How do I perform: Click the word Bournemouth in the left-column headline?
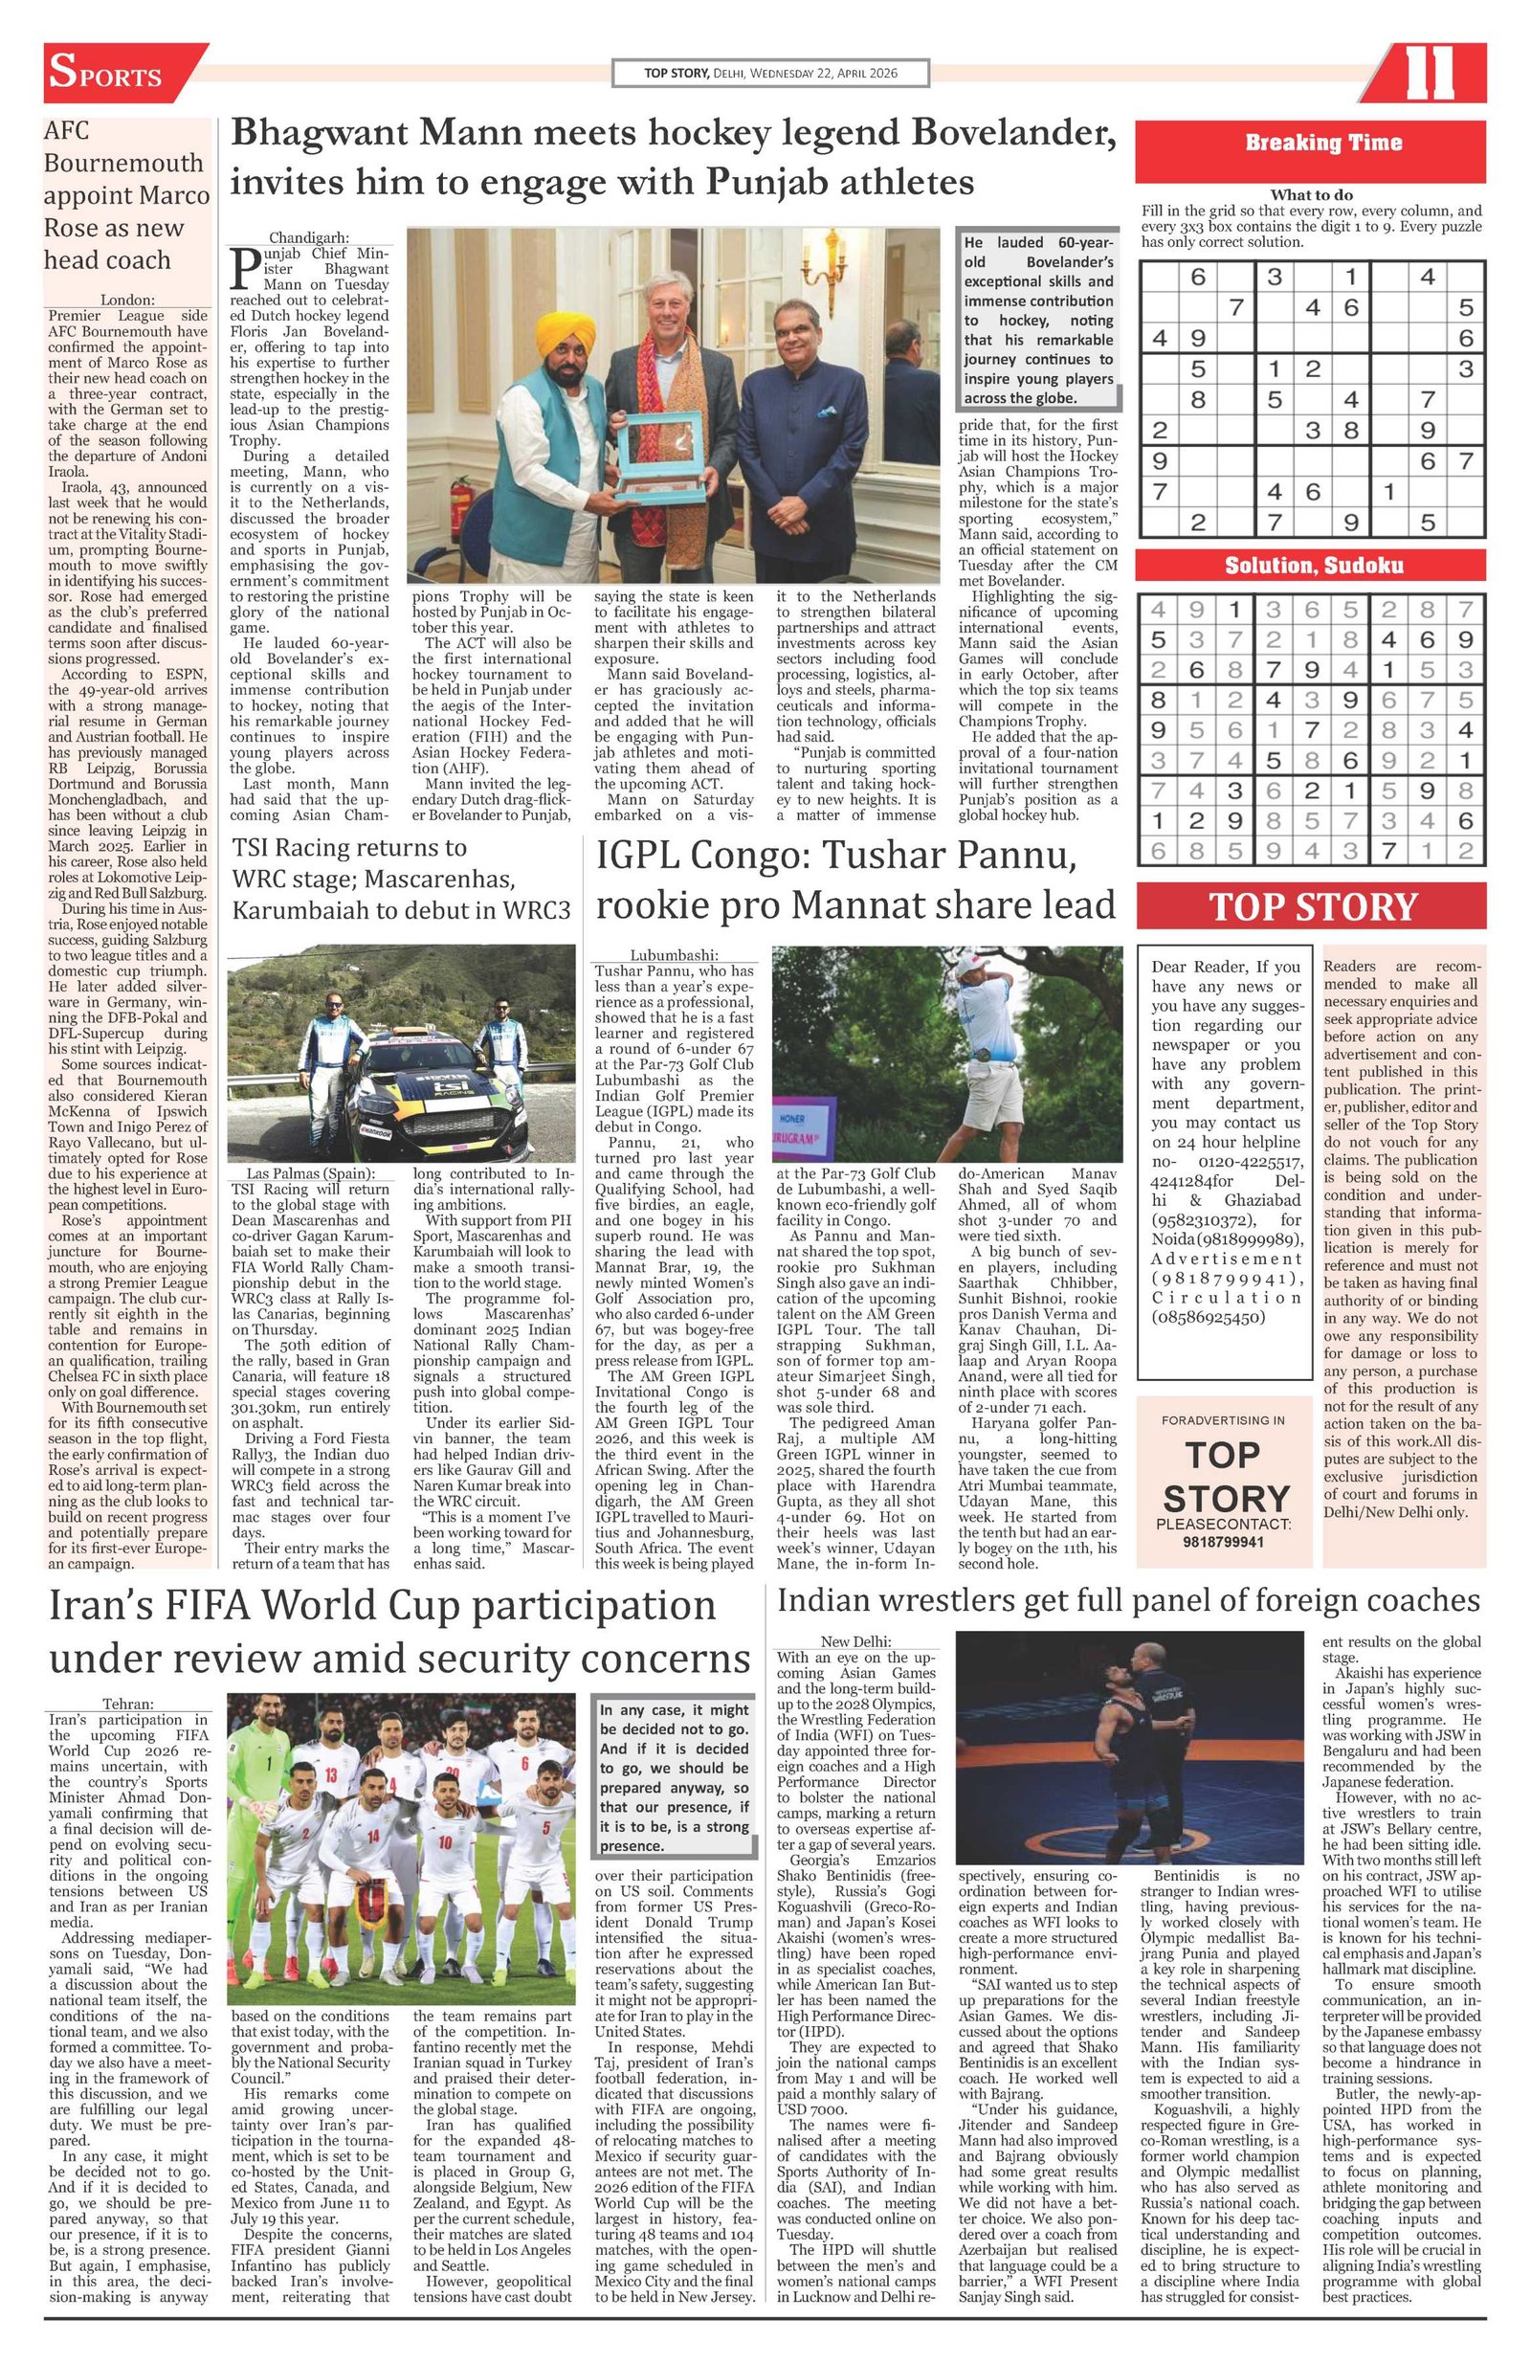(x=124, y=163)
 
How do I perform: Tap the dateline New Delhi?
(x=855, y=1640)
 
